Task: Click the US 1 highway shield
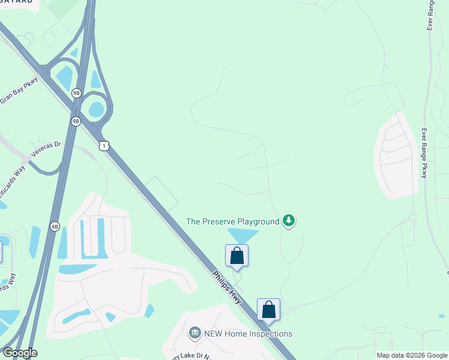[104, 146]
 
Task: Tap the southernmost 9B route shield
[55, 226]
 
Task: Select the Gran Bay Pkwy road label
[19, 91]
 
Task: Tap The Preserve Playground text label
[233, 221]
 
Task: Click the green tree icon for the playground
[289, 221]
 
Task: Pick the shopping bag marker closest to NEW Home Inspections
[269, 310]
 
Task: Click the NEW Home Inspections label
[247, 334]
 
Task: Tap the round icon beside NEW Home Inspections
[194, 333]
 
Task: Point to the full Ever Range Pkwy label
[424, 154]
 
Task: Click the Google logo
[20, 353]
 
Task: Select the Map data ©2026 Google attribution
[412, 355]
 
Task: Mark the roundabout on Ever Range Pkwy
[413, 217]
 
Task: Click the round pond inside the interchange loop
[95, 109]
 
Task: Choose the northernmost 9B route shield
[76, 93]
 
